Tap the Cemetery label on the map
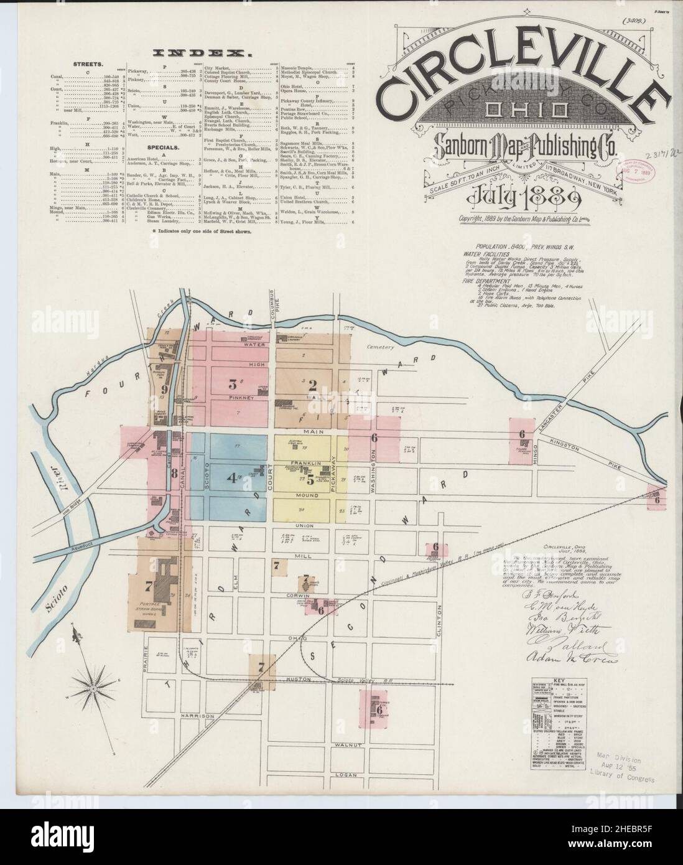[381, 347]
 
